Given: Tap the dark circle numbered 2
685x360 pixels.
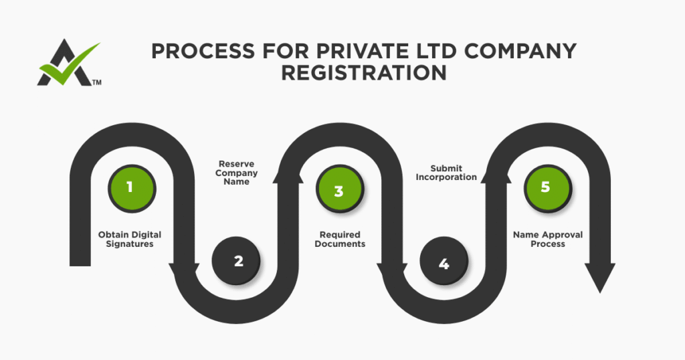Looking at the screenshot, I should point(238,261).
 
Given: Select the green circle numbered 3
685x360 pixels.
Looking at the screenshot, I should point(338,190).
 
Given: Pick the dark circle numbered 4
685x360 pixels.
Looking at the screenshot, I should point(444,263).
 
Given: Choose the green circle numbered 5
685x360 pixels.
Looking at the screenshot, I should point(545,187).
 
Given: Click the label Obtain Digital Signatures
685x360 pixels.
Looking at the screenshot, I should point(130,240).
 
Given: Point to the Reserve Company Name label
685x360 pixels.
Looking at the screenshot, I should point(237,173).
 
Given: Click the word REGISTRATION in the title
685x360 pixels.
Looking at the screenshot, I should point(364,72).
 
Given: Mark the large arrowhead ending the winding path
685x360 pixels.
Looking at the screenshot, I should point(600,276).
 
